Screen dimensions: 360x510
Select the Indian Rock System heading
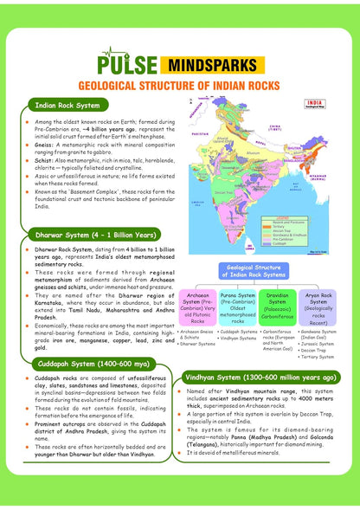pyautogui.click(x=70, y=105)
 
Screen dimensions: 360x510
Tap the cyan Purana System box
pyautogui.click(x=238, y=308)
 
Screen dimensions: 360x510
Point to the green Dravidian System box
pyautogui.click(x=278, y=308)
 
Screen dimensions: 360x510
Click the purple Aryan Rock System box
pyautogui.click(x=318, y=308)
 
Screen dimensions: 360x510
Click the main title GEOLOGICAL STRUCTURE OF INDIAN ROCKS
pyautogui.click(x=180, y=87)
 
